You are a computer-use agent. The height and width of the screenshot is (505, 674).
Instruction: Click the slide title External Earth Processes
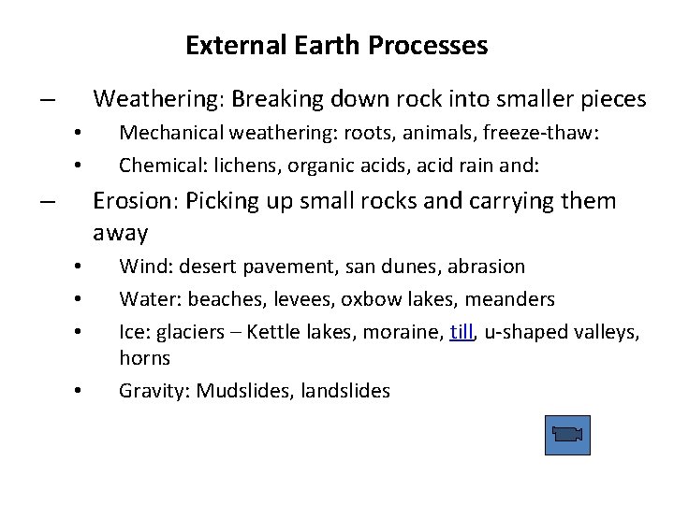coord(336,45)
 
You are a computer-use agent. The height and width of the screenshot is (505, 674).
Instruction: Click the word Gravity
coord(151,391)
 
